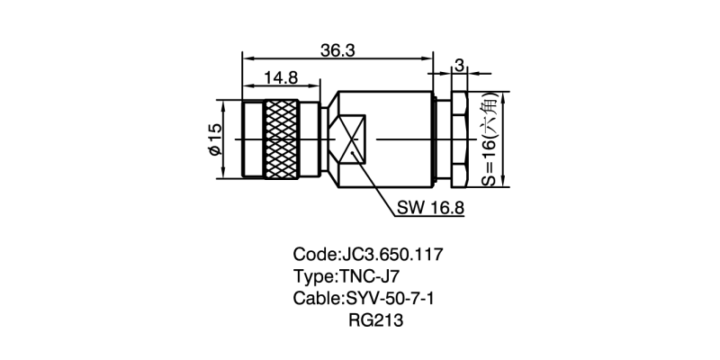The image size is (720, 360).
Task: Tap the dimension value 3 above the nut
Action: tap(459, 65)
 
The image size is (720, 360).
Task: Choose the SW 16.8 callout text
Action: tap(430, 208)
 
